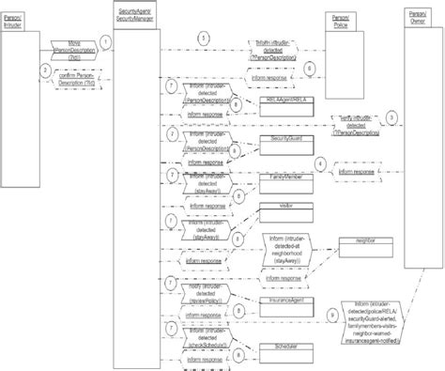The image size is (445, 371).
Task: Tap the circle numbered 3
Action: [391, 116]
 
